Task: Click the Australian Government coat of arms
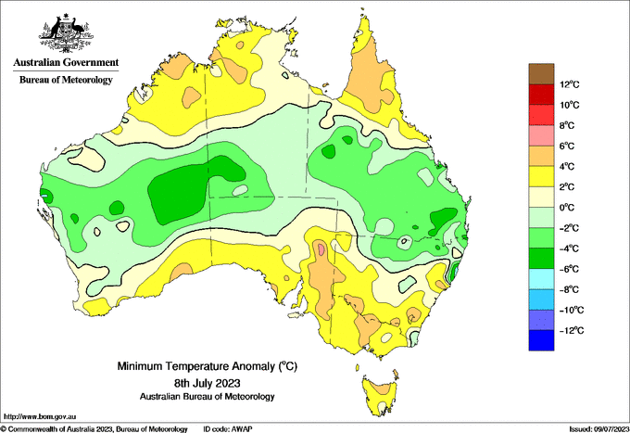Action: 66,33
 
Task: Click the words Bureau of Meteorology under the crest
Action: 66,80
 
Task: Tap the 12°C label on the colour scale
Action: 570,84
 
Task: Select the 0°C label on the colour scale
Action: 567,208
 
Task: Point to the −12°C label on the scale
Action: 571,330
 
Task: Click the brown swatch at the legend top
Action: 541,74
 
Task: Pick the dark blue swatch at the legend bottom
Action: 541,340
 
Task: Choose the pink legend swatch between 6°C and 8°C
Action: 541,135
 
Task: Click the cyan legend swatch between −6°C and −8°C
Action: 541,279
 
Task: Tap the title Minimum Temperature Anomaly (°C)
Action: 208,366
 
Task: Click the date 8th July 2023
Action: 208,382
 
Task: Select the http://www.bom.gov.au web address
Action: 40,416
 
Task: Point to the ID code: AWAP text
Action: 227,429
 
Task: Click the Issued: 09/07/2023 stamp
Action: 598,429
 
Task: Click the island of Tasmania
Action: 379,395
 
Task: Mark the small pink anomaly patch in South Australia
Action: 321,248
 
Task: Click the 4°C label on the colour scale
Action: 567,167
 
